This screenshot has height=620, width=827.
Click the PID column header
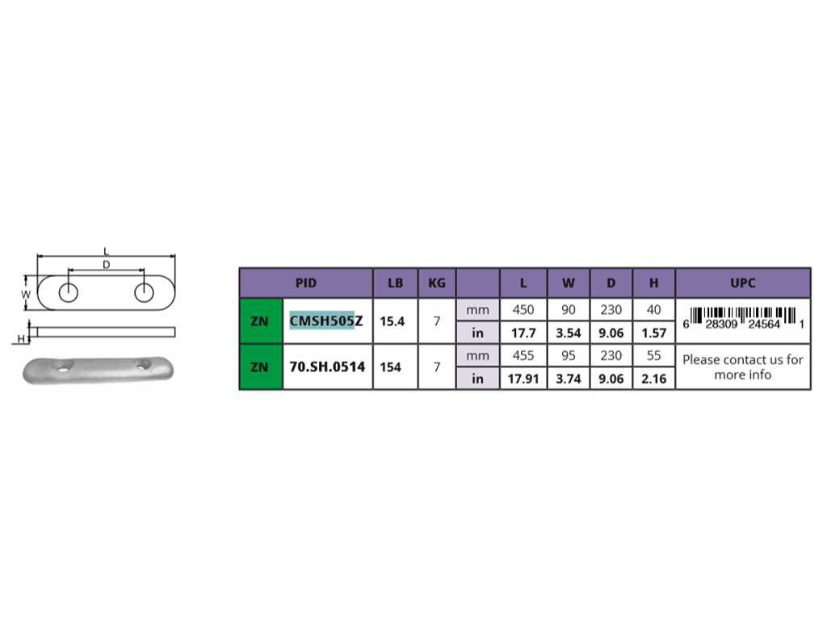pos(306,283)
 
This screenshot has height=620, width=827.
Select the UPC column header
pos(743,283)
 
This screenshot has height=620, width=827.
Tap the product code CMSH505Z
pos(326,320)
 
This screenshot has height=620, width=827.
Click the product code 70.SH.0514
pos(327,367)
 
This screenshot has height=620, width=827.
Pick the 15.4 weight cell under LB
pos(393,321)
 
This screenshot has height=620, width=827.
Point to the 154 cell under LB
pos(390,367)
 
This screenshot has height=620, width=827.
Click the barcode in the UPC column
pos(743,318)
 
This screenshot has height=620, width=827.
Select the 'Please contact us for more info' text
pos(743,367)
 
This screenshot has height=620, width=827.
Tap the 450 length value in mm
pos(523,309)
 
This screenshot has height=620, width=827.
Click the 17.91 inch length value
pos(523,379)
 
